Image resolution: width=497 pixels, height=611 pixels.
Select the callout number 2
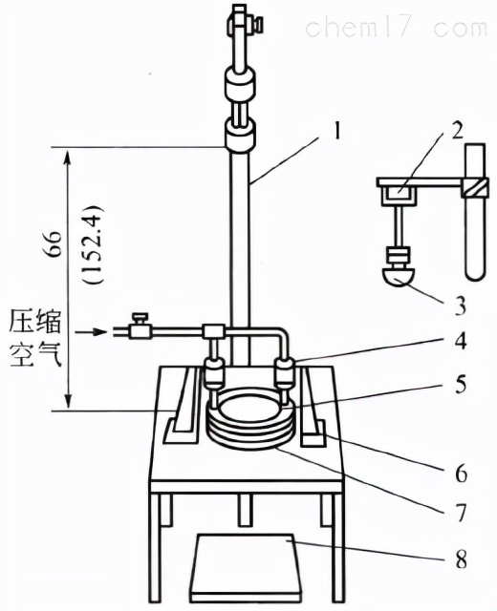[457, 132]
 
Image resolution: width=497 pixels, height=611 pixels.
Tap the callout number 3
[461, 306]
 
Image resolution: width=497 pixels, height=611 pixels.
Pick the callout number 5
[461, 385]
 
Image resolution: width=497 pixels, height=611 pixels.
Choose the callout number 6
[461, 474]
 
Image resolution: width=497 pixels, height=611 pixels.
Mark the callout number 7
[461, 513]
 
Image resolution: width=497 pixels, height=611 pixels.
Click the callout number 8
[461, 560]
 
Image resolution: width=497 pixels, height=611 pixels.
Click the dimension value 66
[54, 243]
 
